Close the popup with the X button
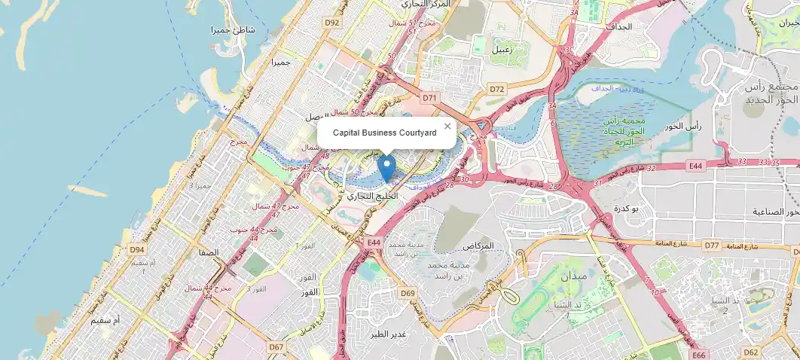click(447, 127)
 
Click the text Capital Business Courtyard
click(384, 133)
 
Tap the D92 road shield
click(332, 23)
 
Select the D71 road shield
click(429, 97)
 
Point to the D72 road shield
click(497, 89)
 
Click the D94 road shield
click(136, 249)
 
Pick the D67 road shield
click(276, 347)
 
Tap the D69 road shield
click(408, 293)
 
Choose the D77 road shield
click(712, 246)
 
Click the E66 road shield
click(700, 355)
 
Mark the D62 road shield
click(751, 352)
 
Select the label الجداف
click(618, 26)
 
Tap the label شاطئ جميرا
click(234, 30)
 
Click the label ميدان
click(574, 276)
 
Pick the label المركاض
click(479, 246)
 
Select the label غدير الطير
click(390, 333)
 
